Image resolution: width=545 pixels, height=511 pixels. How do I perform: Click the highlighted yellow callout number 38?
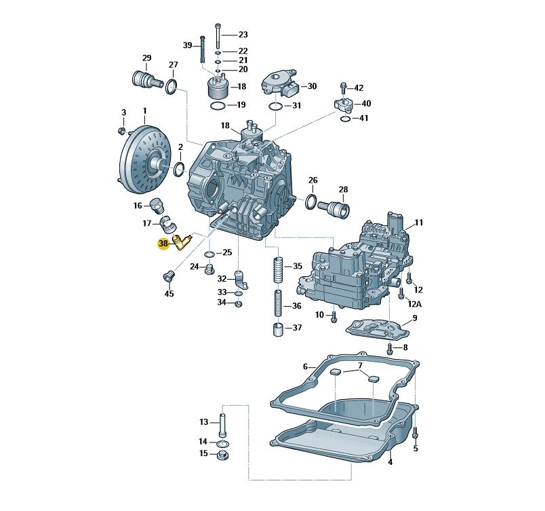[163, 244]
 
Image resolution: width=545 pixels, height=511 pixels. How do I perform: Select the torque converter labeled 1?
[144, 160]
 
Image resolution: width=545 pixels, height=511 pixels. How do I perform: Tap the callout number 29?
[146, 58]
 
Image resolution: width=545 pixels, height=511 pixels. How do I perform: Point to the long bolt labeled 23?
[218, 35]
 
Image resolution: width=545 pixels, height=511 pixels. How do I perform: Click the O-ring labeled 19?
[218, 106]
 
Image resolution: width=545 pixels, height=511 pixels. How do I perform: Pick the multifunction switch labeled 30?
[279, 84]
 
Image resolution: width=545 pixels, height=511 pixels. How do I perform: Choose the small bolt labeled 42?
[344, 88]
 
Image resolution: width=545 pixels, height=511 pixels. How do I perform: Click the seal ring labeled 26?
[310, 202]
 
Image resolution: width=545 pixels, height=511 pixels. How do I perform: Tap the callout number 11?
[419, 223]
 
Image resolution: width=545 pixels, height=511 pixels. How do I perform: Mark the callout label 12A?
[414, 304]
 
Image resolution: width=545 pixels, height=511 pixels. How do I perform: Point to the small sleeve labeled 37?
[277, 330]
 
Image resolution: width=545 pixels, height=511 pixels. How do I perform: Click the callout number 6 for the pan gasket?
[305, 366]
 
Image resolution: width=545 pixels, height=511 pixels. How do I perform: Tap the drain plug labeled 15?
[222, 455]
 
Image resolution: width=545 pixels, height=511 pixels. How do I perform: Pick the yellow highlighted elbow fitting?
[182, 242]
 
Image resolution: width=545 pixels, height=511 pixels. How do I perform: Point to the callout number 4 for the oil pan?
[390, 462]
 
